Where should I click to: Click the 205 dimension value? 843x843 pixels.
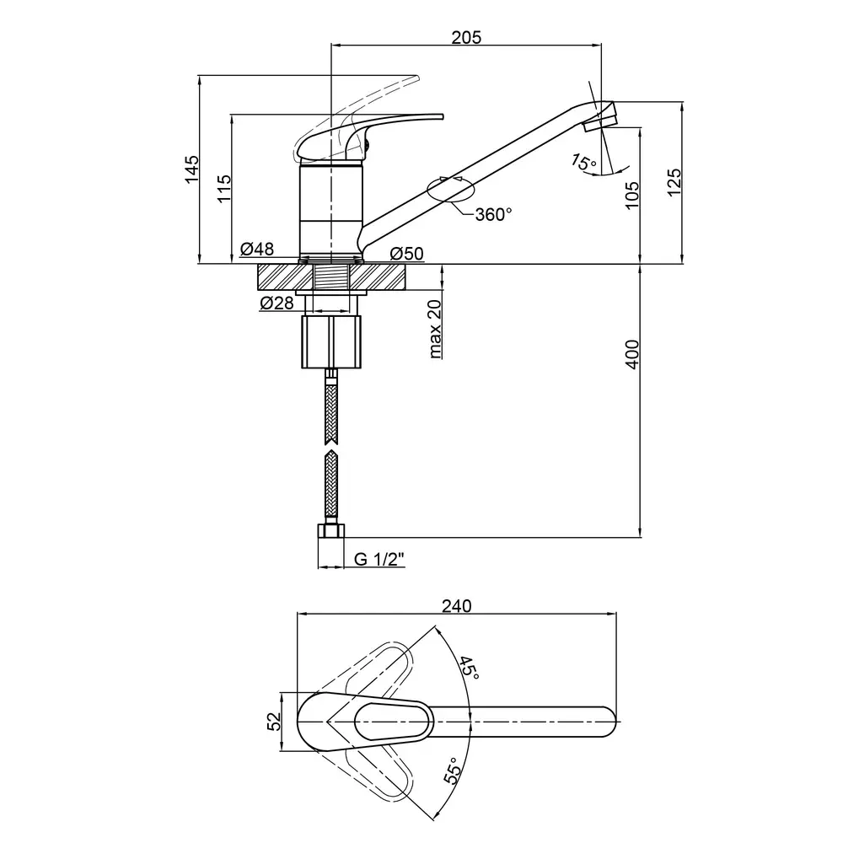(466, 38)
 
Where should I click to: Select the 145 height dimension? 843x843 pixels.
(192, 169)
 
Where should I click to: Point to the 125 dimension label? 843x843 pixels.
(674, 182)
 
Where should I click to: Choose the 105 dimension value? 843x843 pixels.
(632, 195)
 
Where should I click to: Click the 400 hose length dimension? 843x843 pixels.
(633, 354)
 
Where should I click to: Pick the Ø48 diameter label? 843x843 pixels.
(257, 249)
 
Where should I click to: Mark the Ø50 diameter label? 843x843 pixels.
(407, 253)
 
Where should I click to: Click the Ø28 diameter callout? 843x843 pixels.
(277, 303)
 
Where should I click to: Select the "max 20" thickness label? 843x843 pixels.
(435, 329)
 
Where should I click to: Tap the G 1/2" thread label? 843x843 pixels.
(379, 559)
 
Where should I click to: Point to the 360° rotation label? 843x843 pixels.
(493, 214)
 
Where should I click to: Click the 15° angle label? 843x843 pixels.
(583, 163)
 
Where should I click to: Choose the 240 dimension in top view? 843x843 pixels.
(456, 606)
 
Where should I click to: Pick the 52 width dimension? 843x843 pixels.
(274, 721)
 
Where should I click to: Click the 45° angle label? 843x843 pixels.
(468, 668)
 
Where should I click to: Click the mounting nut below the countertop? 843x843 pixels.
(331, 342)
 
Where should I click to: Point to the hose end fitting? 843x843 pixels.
(331, 530)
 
